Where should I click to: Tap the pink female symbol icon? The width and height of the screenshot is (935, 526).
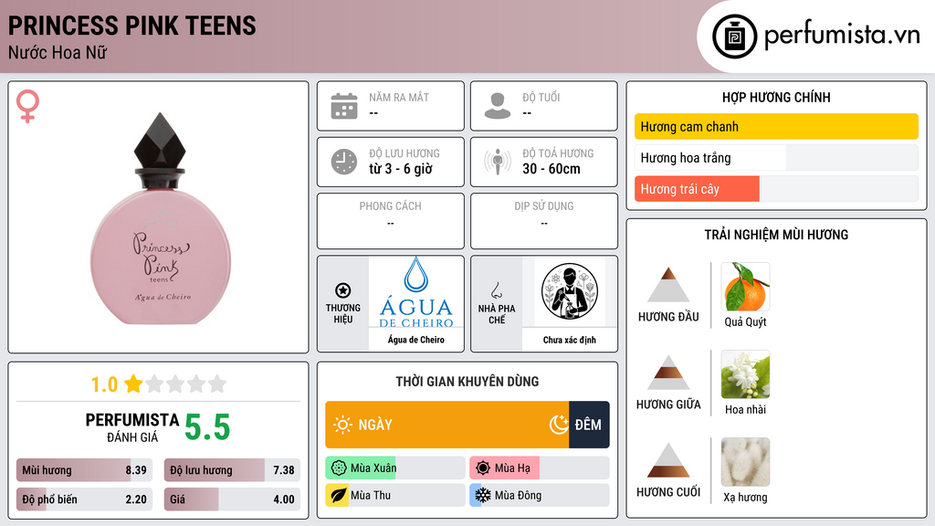pos(27,106)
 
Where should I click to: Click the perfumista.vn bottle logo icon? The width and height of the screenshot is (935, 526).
pos(734,37)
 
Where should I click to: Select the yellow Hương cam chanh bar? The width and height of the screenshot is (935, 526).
pos(776,126)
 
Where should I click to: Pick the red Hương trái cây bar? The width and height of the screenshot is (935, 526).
pos(697,189)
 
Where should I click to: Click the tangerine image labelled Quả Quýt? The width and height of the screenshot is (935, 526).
pos(745,287)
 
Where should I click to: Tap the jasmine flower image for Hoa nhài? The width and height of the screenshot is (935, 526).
pos(745,374)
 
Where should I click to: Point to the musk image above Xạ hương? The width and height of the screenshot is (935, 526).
pos(745,462)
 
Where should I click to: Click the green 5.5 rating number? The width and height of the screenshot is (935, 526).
pos(207,427)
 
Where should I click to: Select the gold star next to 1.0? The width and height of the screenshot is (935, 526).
pos(133,384)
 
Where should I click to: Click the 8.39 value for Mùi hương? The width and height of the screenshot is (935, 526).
pos(136,470)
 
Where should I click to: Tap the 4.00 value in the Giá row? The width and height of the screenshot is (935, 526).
pos(284,500)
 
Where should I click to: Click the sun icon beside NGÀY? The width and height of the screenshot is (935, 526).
pos(342,425)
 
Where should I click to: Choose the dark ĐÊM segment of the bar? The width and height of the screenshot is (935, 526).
pos(589,425)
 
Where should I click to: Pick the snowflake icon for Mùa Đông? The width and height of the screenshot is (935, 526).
pos(482,495)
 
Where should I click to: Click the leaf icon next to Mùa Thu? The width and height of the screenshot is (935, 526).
pos(338,495)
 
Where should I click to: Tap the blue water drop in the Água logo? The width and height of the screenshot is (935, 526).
pos(415,274)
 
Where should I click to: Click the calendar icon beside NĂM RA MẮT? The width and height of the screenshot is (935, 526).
pos(344,106)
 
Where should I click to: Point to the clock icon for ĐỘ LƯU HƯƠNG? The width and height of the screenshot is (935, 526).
pos(344,162)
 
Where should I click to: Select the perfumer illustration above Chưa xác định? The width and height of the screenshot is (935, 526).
pos(570,291)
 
